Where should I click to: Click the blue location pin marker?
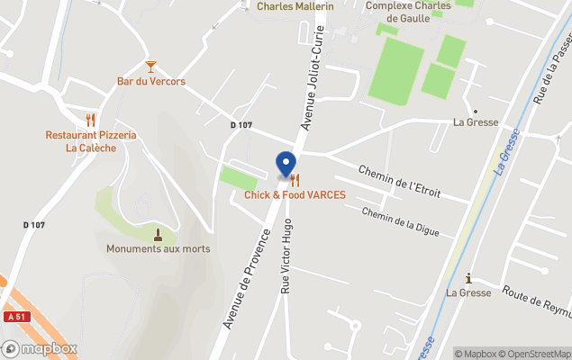(x=286, y=164)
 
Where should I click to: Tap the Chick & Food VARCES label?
(x=295, y=194)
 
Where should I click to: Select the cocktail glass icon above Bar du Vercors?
(x=150, y=67)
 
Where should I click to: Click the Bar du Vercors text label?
(x=150, y=81)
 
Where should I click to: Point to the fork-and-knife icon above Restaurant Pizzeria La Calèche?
(x=90, y=119)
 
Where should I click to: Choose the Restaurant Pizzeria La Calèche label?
(x=91, y=141)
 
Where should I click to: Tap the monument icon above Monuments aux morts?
(x=158, y=234)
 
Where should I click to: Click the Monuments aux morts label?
(x=158, y=248)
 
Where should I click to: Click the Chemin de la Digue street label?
(x=401, y=221)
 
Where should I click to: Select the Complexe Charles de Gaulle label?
(x=408, y=12)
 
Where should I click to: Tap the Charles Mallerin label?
(x=295, y=6)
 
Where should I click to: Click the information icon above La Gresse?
(x=468, y=278)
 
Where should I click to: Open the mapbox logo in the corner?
(x=40, y=348)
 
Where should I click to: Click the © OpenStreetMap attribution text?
(x=534, y=354)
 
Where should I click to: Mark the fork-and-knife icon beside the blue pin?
(x=295, y=180)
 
